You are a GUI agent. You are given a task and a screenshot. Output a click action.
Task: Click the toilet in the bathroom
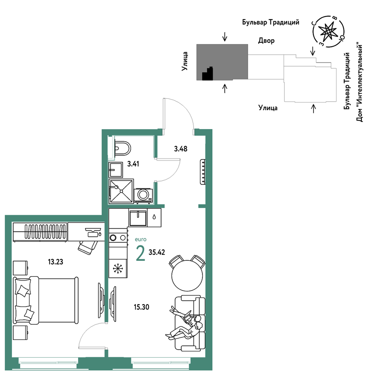122,148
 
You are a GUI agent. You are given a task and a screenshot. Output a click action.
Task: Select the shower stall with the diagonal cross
121,191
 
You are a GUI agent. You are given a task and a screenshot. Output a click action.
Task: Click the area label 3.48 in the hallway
180,149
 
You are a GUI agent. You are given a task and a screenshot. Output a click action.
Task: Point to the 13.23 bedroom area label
56,262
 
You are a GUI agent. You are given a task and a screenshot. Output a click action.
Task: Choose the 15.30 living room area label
141,307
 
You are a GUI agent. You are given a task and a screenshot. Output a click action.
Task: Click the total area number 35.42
157,252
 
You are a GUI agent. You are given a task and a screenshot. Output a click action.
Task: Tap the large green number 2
140,253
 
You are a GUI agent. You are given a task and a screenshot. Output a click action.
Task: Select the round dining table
187,276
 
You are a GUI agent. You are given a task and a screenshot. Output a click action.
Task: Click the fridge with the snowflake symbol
118,268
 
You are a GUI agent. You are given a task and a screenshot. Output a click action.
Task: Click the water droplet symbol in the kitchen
154,217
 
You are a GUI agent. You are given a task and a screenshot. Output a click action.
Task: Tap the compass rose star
328,31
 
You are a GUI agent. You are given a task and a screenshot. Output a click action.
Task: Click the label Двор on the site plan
266,41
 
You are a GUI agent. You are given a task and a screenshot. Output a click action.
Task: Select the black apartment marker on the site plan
208,73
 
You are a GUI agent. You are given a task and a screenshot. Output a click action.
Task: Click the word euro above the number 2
141,239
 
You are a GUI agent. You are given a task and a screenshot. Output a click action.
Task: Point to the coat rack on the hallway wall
203,172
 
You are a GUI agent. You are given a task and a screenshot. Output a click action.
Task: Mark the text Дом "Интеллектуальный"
360,82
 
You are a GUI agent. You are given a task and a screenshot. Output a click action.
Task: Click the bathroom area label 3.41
133,164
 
